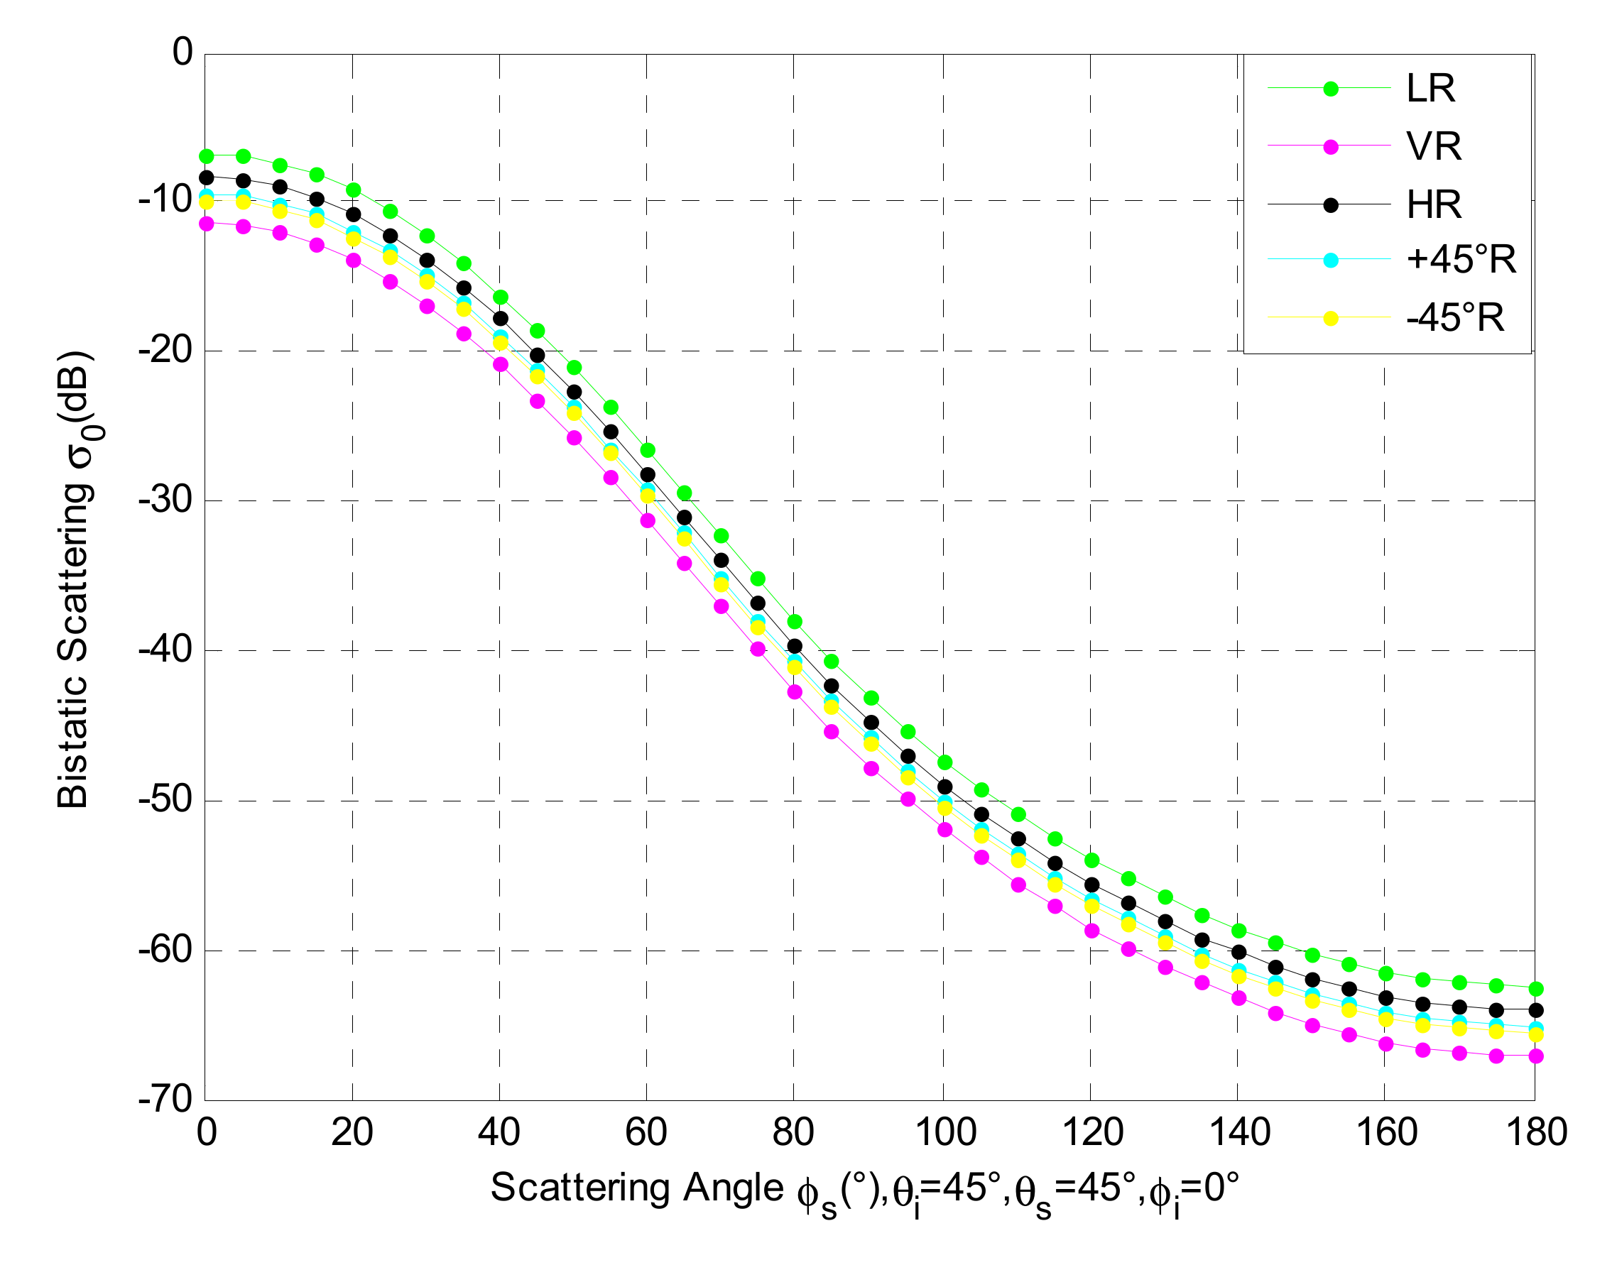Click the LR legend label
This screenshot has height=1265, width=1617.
tap(1430, 89)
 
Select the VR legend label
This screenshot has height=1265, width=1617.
tap(1434, 147)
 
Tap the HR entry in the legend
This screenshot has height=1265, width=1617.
tap(1434, 205)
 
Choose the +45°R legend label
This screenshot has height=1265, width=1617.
tap(1461, 260)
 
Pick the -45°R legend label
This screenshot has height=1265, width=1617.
tap(1456, 319)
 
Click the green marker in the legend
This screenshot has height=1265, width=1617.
tap(1331, 89)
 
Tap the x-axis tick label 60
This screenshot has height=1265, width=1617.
tap(646, 1132)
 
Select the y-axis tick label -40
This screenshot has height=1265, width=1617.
tap(166, 650)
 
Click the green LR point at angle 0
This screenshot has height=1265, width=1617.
tap(207, 156)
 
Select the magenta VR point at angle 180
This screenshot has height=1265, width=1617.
tap(1535, 1056)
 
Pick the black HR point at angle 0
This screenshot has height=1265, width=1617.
tap(207, 177)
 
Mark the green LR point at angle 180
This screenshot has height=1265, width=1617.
tap(1535, 989)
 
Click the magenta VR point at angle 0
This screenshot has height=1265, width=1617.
tap(207, 224)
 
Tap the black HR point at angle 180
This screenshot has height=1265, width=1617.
tap(1535, 1010)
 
